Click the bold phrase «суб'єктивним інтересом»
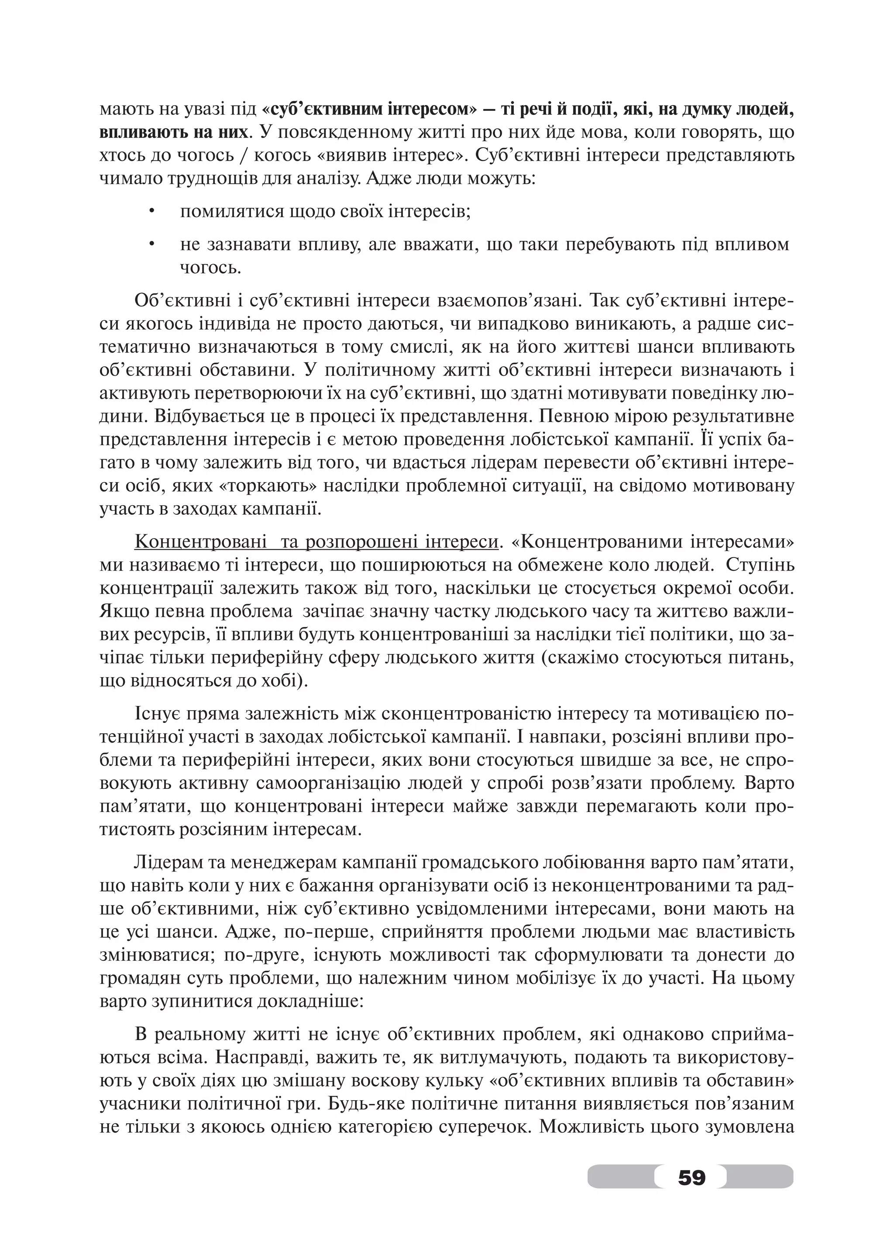pos(370,110)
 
